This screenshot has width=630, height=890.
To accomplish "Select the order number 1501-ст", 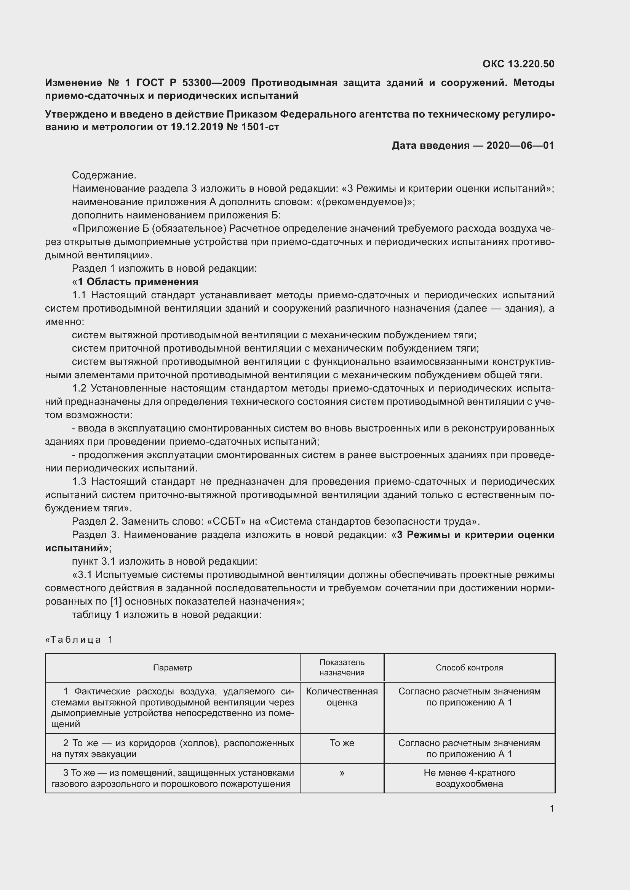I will point(259,127).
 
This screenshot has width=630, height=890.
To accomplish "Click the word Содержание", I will point(104,175).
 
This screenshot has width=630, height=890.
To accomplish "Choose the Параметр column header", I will point(172,667).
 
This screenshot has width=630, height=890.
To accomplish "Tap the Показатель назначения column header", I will point(341,667).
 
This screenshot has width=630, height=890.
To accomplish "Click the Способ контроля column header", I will point(469,667).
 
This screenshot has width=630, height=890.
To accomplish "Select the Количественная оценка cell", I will point(341,697).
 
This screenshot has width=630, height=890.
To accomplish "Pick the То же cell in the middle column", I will point(341,743).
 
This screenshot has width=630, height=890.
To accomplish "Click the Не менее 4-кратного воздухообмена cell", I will point(469,778).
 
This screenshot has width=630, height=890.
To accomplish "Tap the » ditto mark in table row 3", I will point(341,773).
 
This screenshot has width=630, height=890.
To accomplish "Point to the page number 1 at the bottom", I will point(552,808).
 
